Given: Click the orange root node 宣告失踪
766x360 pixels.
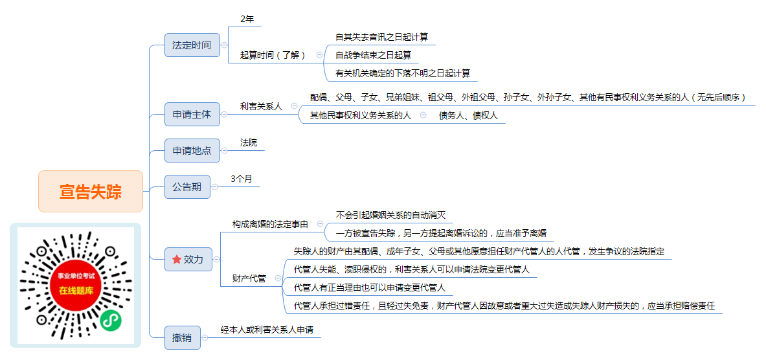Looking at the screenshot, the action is click(91, 192).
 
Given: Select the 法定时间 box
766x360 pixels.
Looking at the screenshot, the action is click(192, 45).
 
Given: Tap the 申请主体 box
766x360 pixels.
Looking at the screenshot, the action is click(192, 115).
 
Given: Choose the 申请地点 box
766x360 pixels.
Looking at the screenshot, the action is click(192, 150).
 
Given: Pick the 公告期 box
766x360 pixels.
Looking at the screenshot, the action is click(187, 186).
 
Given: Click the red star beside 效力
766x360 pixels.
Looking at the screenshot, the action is click(177, 260).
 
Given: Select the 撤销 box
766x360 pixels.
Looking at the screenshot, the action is click(182, 337).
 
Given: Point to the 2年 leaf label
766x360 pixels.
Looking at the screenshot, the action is click(248, 19).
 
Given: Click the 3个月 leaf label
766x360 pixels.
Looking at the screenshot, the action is click(242, 179).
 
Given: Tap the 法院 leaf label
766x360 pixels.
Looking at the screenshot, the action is click(249, 142).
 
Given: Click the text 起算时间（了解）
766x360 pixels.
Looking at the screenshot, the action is click(273, 55).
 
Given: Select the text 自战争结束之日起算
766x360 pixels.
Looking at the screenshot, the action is click(373, 55).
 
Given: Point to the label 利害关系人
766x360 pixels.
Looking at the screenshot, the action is click(262, 106).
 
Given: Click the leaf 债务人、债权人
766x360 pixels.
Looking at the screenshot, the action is click(468, 116).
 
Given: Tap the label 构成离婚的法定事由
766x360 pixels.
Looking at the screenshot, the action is click(270, 224).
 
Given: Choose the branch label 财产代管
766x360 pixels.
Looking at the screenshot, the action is click(249, 278).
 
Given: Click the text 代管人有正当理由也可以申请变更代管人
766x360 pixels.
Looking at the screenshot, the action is click(369, 287).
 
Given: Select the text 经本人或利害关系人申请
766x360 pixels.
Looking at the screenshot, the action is click(267, 330).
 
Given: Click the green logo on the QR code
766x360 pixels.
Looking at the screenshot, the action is click(111, 321).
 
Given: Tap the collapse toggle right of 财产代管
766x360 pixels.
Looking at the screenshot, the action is click(278, 278).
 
